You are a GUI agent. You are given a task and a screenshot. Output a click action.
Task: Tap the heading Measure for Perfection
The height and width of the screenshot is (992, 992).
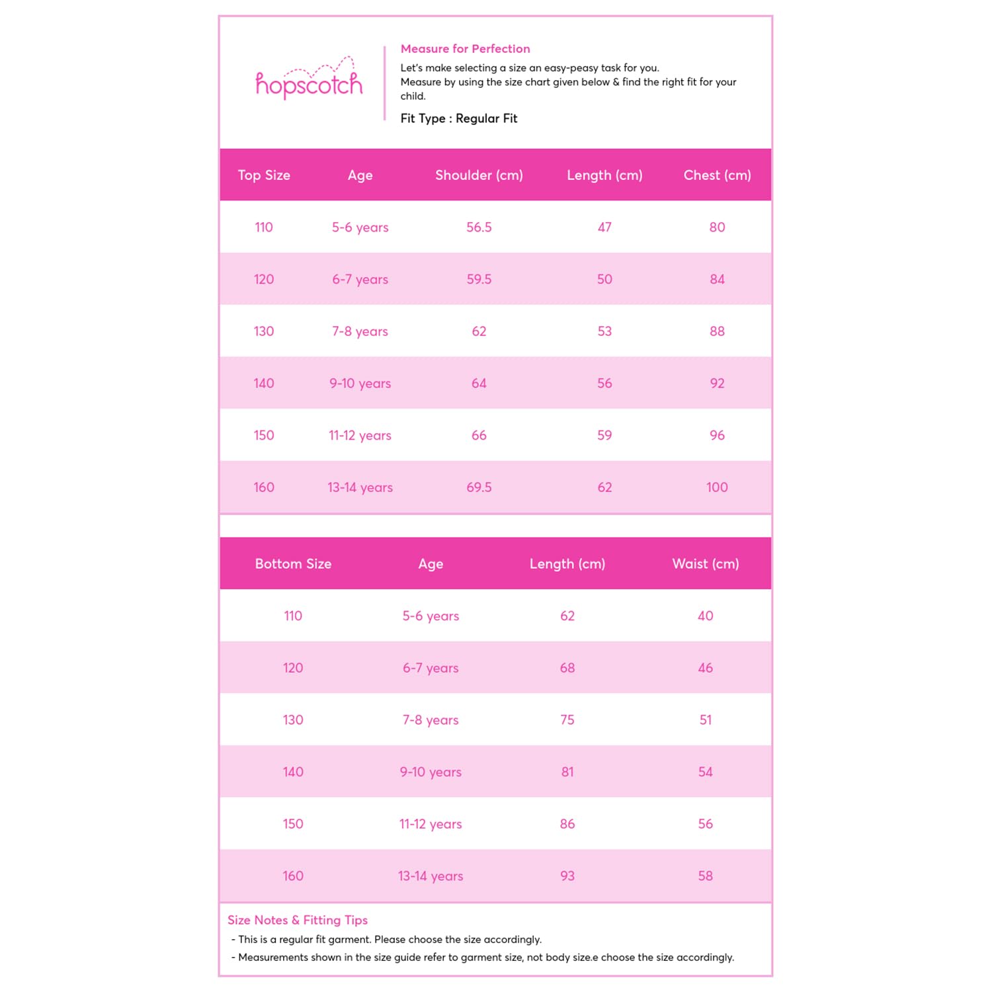[x=465, y=49]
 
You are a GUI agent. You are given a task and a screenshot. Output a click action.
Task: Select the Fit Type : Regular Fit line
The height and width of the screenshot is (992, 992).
[x=458, y=118]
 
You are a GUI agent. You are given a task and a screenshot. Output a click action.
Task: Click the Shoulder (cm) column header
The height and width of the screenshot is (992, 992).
[x=479, y=175]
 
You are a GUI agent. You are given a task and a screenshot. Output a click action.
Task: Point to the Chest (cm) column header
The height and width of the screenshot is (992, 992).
[x=717, y=175]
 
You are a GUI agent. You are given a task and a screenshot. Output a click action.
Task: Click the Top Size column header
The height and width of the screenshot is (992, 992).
[x=264, y=175]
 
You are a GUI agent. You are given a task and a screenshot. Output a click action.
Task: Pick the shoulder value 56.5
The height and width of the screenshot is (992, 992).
[x=479, y=227]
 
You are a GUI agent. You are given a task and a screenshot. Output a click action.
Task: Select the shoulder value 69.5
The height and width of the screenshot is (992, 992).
[x=479, y=487]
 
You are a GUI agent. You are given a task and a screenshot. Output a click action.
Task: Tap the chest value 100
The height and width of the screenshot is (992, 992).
[x=717, y=487]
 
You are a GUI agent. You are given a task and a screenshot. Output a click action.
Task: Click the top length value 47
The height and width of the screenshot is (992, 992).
[x=604, y=227]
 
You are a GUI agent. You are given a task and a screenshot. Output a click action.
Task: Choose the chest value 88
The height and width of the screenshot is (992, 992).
[x=717, y=331]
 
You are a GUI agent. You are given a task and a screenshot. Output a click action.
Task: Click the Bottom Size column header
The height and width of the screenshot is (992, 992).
[x=293, y=564]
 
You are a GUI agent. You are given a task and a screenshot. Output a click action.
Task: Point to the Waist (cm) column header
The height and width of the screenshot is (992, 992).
[x=706, y=564]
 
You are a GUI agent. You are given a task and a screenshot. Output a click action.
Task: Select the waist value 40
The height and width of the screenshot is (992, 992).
[x=706, y=616]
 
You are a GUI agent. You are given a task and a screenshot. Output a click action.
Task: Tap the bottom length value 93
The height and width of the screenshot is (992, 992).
[x=567, y=876]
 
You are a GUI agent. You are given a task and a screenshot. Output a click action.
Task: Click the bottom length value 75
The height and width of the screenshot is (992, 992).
[x=567, y=720]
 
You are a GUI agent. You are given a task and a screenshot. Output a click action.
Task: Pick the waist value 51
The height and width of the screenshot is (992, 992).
[x=706, y=720]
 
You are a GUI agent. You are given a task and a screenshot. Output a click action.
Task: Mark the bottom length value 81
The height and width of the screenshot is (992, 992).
[x=567, y=772]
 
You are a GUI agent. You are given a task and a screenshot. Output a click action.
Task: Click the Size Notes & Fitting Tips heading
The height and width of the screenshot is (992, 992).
[x=298, y=920]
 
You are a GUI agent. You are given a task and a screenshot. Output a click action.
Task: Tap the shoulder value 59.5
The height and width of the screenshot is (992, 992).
[x=479, y=279]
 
